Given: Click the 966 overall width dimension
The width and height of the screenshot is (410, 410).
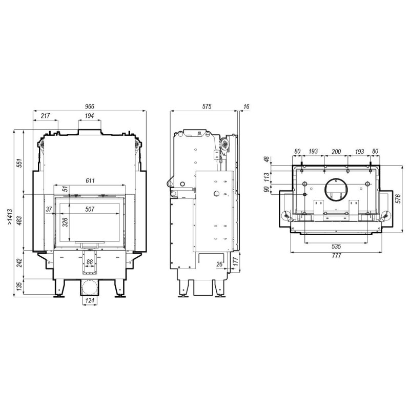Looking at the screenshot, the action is pos(89,107).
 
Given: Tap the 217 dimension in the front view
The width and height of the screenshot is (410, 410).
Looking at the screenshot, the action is pos(45,116).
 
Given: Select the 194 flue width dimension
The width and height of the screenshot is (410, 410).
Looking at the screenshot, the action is pos(89,116).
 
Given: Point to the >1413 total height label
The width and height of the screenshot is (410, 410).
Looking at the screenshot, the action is pos(10,217).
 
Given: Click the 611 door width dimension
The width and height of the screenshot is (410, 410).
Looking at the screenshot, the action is pos(90,180).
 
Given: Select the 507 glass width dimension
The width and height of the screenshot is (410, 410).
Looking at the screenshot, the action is pos(90,209).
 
